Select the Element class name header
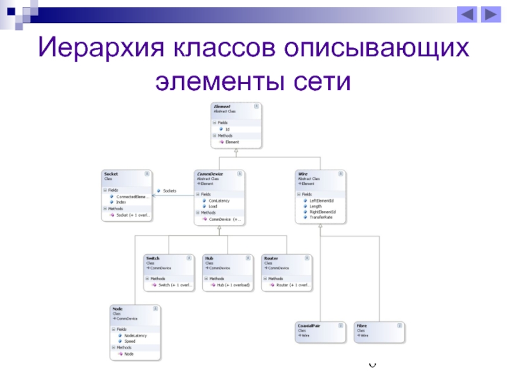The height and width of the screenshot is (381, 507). [222, 107]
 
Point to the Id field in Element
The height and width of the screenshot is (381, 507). [228, 129]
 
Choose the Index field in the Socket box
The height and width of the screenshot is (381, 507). [121, 202]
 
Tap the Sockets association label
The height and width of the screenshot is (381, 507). [169, 190]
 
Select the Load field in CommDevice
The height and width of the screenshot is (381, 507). [213, 206]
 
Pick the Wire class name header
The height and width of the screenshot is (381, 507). [303, 174]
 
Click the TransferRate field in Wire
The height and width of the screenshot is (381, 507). [321, 217]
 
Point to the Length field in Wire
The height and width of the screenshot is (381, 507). [316, 206]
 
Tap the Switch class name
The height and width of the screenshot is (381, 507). [153, 258]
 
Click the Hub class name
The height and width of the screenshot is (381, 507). [209, 258]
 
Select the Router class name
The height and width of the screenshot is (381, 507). [271, 258]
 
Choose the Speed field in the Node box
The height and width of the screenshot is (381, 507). [129, 341]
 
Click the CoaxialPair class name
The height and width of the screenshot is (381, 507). [308, 326]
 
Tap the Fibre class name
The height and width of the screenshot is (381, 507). [361, 326]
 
